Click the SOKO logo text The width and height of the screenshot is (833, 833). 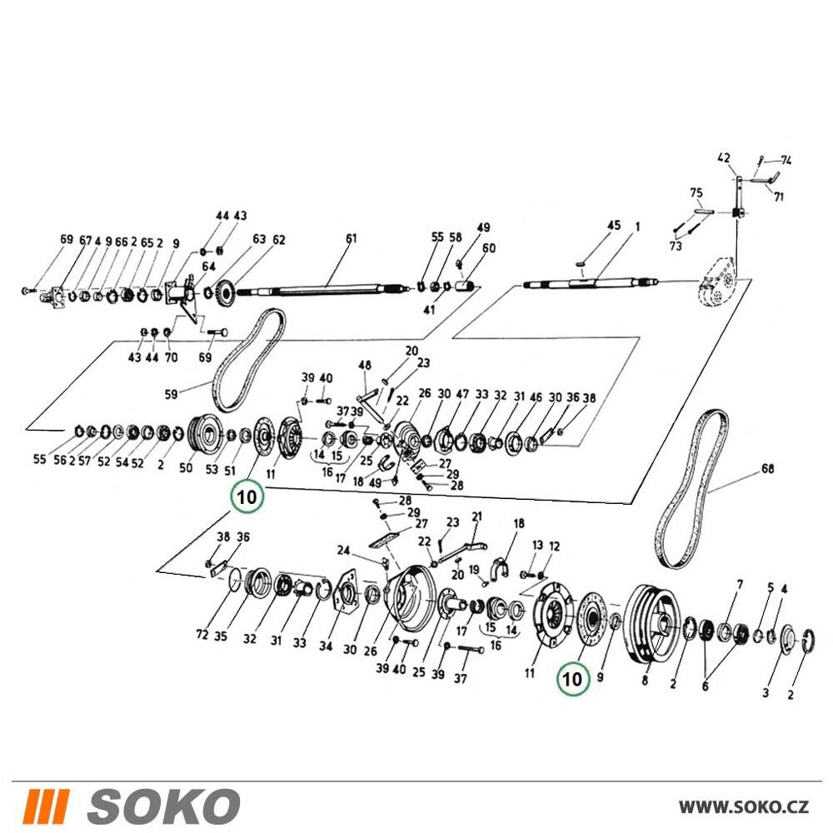pos(163,806)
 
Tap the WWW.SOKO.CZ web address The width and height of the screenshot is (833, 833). pos(744,807)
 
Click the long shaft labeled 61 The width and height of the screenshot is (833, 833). pos(324,289)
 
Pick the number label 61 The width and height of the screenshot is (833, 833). pos(352,238)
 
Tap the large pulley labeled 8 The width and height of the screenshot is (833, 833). pos(653,624)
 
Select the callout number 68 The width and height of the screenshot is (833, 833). pos(768,468)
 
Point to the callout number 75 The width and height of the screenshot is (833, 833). pos(696,192)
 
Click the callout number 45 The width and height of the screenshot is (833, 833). pos(614,225)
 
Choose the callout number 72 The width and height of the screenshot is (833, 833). pos(202,634)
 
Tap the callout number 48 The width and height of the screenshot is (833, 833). pos(365,365)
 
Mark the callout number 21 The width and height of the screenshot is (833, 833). pos(476,516)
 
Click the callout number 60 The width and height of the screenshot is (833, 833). pos(489,248)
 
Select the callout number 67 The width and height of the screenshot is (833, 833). pos(85,241)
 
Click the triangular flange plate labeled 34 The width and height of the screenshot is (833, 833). pos(345,593)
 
